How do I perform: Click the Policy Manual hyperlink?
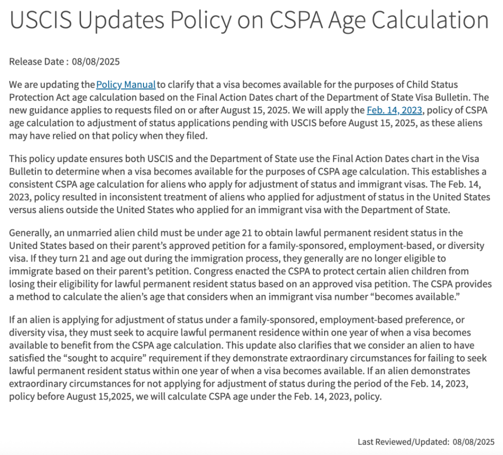tap(126, 84)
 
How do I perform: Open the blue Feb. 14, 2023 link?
tap(394, 110)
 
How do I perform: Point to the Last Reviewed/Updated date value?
tap(473, 442)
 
